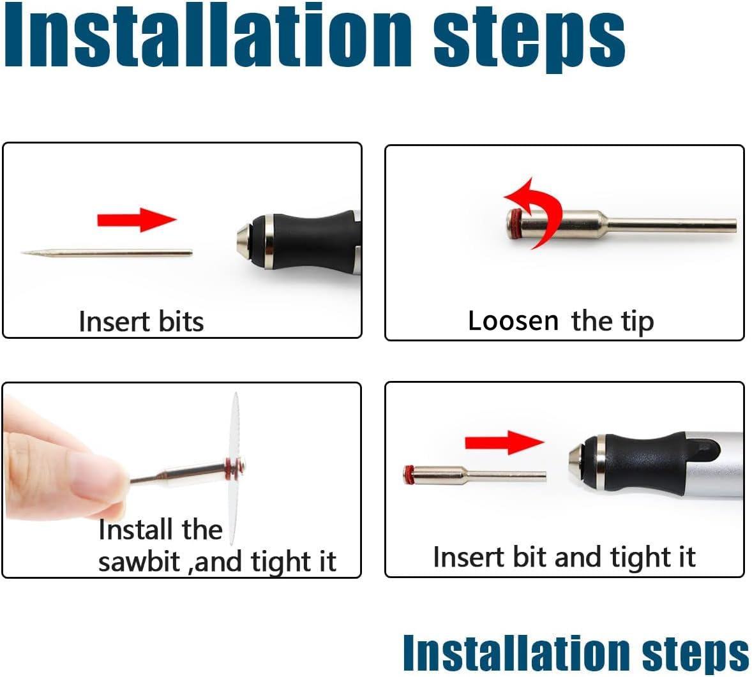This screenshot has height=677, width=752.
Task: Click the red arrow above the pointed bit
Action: click(x=137, y=219)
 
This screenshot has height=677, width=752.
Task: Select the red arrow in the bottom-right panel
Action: click(x=504, y=442)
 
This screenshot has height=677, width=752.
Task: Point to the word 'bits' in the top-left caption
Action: click(x=181, y=321)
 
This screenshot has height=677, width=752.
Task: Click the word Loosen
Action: click(x=513, y=321)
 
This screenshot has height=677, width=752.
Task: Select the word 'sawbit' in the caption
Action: click(x=139, y=562)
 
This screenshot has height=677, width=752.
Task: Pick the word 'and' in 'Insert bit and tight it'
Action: click(x=578, y=557)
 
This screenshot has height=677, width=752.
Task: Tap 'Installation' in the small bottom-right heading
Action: click(x=516, y=652)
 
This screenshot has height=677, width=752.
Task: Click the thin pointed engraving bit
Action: click(x=107, y=253)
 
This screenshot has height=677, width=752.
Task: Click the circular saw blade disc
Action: click(x=234, y=468)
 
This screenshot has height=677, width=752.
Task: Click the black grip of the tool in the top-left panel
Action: click(x=312, y=242)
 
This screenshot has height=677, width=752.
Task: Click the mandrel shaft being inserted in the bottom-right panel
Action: click(x=475, y=475)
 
